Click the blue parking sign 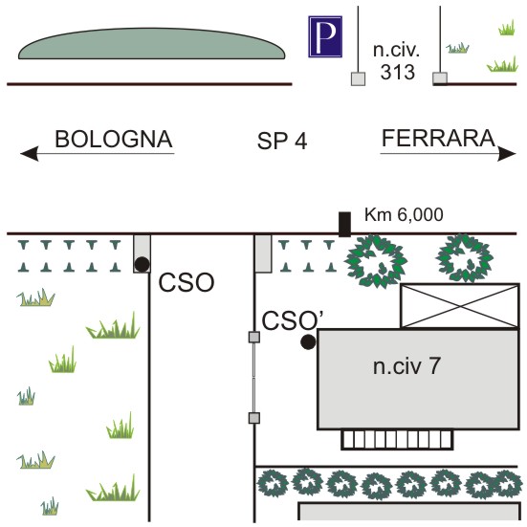click(325, 36)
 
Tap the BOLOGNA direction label click(114, 139)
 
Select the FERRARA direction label click(438, 138)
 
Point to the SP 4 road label click(282, 141)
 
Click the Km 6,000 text click(404, 215)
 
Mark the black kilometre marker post click(344, 224)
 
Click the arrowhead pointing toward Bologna click(30, 154)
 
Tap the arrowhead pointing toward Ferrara click(507, 154)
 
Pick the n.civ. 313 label click(397, 61)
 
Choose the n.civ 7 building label click(406, 366)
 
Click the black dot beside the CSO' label click(308, 342)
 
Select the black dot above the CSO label click(142, 264)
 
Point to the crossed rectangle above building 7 click(460, 305)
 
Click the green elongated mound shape click(151, 44)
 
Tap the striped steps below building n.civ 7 click(397, 440)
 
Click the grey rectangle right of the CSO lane click(263, 253)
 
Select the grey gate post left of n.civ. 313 click(359, 79)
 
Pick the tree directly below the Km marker click(376, 261)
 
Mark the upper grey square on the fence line click(254, 337)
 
